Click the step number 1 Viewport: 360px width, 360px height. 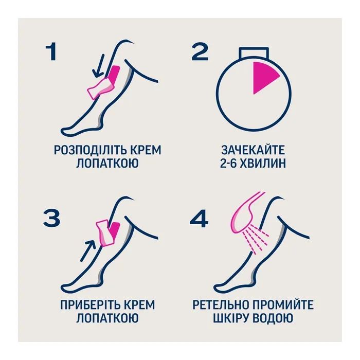tap(50, 52)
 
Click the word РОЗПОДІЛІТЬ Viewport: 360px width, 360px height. tap(84, 150)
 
